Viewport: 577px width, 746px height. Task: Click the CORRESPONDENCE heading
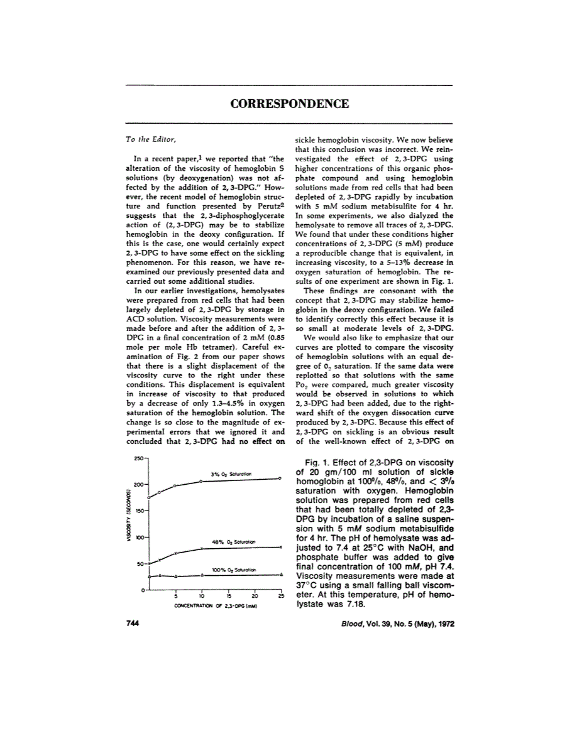289,104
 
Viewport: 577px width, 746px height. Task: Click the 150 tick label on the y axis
139,511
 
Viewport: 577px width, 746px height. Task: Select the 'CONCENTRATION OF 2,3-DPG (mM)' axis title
214,607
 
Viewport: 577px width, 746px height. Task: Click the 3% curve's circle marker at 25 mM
280,478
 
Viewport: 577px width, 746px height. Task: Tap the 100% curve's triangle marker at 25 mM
280,575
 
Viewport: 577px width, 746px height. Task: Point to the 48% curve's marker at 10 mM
201,548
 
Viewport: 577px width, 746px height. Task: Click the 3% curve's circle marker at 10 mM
201,481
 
